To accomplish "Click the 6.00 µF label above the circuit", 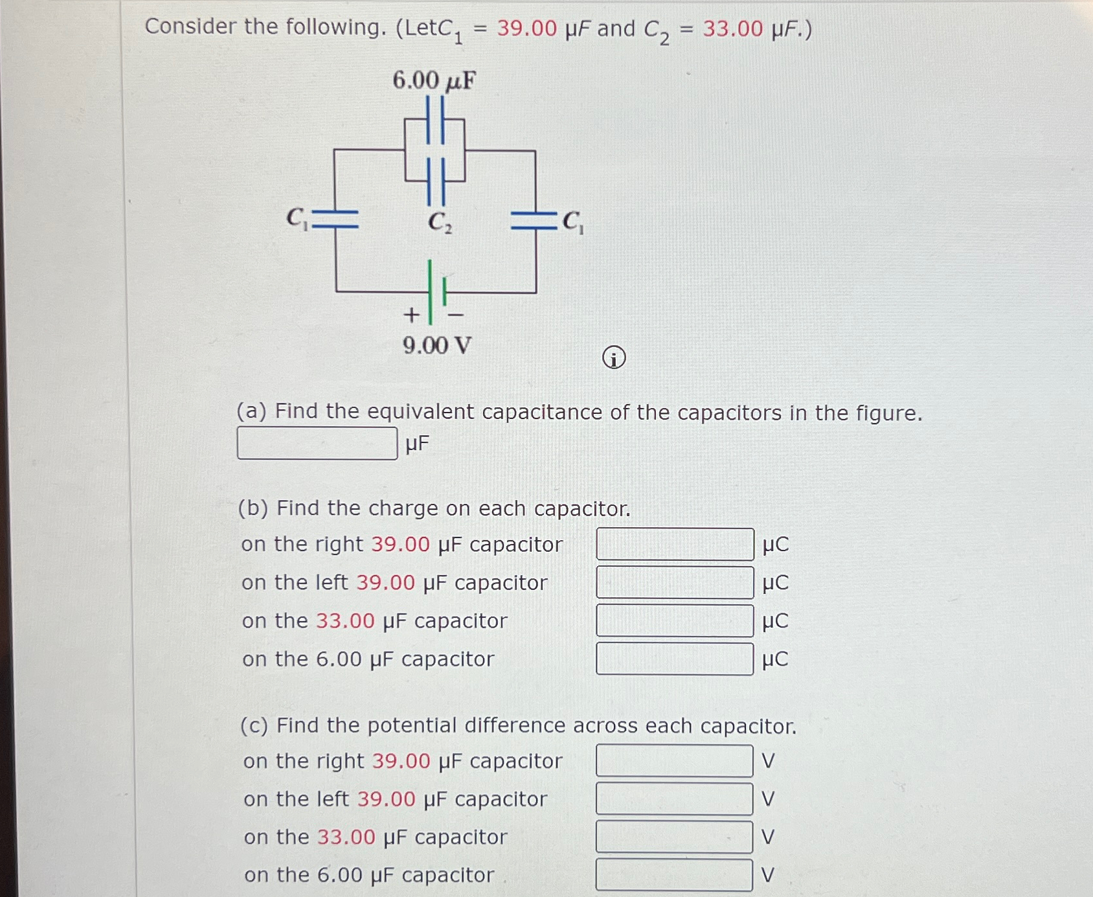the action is pyautogui.click(x=434, y=81).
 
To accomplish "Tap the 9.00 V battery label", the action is pyautogui.click(x=437, y=345).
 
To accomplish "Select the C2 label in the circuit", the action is pyautogui.click(x=440, y=222).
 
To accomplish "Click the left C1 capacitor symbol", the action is pyautogui.click(x=335, y=220).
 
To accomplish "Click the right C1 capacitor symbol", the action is pyautogui.click(x=535, y=221).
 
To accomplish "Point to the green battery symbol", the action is pyautogui.click(x=436, y=292).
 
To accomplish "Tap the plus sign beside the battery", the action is pyautogui.click(x=411, y=315).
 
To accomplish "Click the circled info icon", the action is pyautogui.click(x=614, y=358).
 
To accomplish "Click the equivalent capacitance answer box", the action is pyautogui.click(x=317, y=443).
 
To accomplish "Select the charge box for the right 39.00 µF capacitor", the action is pyautogui.click(x=675, y=544).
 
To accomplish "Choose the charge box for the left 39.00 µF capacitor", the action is pyautogui.click(x=675, y=582).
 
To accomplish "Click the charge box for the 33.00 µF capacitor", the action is pyautogui.click(x=675, y=620).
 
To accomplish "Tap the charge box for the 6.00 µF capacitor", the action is pyautogui.click(x=675, y=659).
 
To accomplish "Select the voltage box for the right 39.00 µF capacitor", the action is pyautogui.click(x=674, y=760).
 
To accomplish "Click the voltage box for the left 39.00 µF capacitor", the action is pyautogui.click(x=674, y=799).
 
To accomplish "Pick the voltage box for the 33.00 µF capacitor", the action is pyautogui.click(x=674, y=837).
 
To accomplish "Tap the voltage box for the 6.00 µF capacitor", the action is pyautogui.click(x=674, y=874).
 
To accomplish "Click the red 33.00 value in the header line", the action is pyautogui.click(x=733, y=29).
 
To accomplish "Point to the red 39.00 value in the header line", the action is pyautogui.click(x=526, y=28).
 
